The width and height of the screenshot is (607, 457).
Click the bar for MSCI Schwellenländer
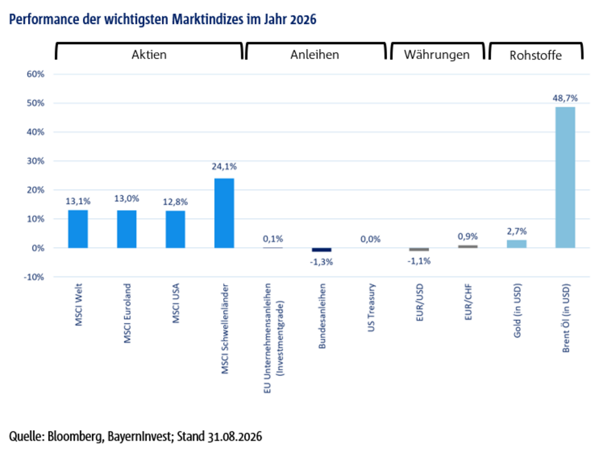[x=224, y=213]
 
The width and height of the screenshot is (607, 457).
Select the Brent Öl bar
[x=565, y=178]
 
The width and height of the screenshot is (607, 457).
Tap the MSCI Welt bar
[x=78, y=229]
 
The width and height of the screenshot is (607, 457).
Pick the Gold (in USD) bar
[x=516, y=244]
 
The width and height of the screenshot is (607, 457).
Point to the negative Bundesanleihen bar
[x=322, y=250]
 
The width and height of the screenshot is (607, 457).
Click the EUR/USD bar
[x=419, y=249]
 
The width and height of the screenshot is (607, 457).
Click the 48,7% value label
[x=565, y=99]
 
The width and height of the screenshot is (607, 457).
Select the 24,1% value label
[x=224, y=166]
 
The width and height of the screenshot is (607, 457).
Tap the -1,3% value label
[x=321, y=262]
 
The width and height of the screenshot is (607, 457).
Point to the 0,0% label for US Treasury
[x=371, y=240]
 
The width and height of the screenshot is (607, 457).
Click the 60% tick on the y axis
[x=36, y=74]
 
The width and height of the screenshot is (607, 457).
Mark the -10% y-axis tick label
[x=34, y=277]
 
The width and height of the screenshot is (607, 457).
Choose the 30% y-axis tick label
[x=36, y=161]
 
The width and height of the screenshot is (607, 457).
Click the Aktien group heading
[x=149, y=55]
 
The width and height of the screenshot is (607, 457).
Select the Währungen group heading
[x=437, y=55]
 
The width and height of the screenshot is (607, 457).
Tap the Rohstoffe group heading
[x=535, y=55]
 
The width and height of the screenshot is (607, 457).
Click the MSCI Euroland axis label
[x=127, y=313]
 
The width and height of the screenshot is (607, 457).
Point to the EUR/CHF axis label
[x=468, y=302]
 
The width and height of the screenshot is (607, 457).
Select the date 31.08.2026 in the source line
[x=234, y=437]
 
